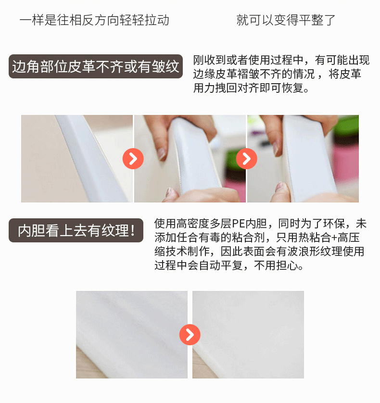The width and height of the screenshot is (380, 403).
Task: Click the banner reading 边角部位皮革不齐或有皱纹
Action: [96, 66]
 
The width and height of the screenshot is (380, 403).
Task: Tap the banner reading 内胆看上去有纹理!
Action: [76, 230]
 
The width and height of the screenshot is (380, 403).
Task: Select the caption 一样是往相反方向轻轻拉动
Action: [94, 20]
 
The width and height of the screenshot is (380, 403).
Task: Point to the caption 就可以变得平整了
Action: [286, 20]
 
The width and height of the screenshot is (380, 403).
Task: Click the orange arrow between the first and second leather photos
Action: [133, 159]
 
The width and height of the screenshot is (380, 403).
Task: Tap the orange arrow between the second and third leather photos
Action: [247, 159]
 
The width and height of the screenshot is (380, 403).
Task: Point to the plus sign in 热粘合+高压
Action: [334, 238]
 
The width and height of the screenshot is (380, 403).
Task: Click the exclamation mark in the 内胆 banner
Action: [133, 230]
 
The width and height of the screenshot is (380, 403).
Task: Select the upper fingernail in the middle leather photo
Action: [162, 153]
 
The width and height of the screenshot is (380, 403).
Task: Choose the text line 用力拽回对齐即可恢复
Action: [251, 88]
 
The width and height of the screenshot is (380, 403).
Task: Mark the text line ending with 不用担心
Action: [229, 265]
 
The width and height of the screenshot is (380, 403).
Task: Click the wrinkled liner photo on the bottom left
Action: [132, 335]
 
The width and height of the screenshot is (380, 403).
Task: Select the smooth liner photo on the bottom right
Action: [248, 335]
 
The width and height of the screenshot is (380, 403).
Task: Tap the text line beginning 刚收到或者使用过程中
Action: [281, 61]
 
